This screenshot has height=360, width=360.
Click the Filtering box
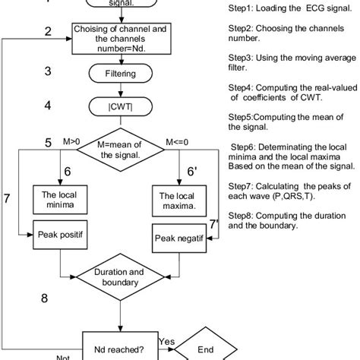pos(120,74)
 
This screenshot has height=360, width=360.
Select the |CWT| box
pos(120,106)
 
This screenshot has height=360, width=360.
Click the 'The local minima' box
pos(59,199)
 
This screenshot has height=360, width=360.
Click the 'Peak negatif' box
pos(181,238)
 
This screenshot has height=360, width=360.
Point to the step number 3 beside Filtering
pos(48,71)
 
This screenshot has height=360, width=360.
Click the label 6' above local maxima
pos(196,173)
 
